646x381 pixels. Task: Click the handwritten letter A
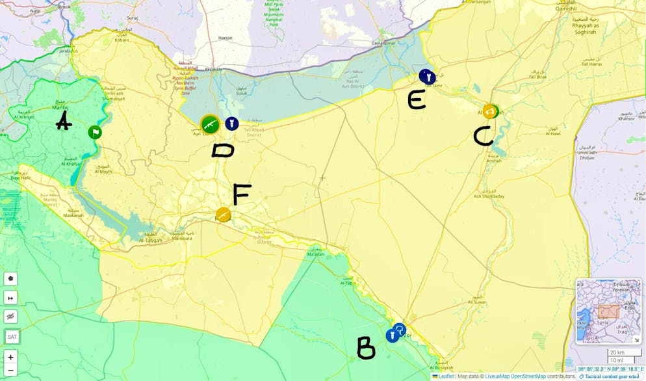63,121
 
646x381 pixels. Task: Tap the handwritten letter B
366,348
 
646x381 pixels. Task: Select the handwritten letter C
483,136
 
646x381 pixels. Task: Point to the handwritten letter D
223,151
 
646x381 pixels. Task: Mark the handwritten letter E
417,99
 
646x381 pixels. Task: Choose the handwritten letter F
242,194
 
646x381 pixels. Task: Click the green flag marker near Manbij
95,133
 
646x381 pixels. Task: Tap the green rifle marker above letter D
210,124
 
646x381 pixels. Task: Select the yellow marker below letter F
223,215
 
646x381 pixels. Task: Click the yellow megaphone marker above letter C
490,111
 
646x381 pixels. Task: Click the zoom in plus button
10,357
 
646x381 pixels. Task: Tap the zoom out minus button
10,371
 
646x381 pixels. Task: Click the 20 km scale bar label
617,352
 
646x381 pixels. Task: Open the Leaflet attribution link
446,376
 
